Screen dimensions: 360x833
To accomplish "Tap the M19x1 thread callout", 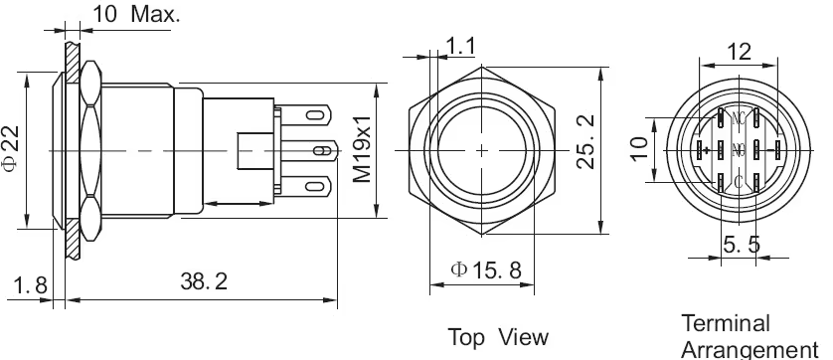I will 364,150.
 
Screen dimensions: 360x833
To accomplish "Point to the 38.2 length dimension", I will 203,283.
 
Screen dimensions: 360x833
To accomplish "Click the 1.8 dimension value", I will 30,285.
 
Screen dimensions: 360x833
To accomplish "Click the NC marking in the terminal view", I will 738,120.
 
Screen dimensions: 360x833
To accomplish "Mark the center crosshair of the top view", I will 481,151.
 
